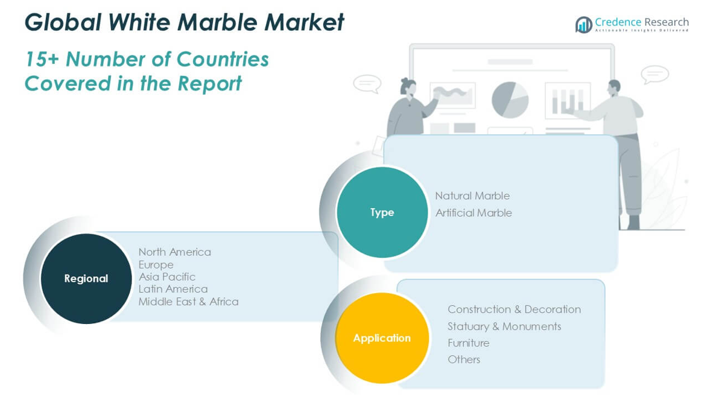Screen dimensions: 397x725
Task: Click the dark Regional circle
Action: (x=86, y=279)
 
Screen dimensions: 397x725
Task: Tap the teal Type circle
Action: (x=382, y=212)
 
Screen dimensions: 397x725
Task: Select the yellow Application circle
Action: (x=382, y=338)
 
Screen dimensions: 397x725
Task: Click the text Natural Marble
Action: (x=472, y=196)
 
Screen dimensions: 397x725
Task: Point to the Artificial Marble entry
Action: (x=473, y=213)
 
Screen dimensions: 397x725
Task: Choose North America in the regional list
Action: (x=174, y=252)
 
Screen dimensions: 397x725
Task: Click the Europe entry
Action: (x=156, y=265)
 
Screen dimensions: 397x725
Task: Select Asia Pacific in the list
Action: (x=166, y=277)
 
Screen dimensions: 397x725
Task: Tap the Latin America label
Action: (x=173, y=289)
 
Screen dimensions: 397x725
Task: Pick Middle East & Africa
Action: (x=188, y=302)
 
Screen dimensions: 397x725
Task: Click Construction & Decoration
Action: (x=514, y=310)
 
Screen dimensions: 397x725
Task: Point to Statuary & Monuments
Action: (x=504, y=326)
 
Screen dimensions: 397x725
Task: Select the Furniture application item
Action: (x=468, y=343)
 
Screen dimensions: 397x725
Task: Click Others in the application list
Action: (x=464, y=360)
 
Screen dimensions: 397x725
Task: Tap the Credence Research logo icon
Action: (x=583, y=25)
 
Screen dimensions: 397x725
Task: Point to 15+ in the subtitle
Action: (x=42, y=59)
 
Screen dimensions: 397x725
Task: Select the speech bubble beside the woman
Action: (x=367, y=83)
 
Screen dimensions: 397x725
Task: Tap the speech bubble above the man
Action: (x=654, y=74)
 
